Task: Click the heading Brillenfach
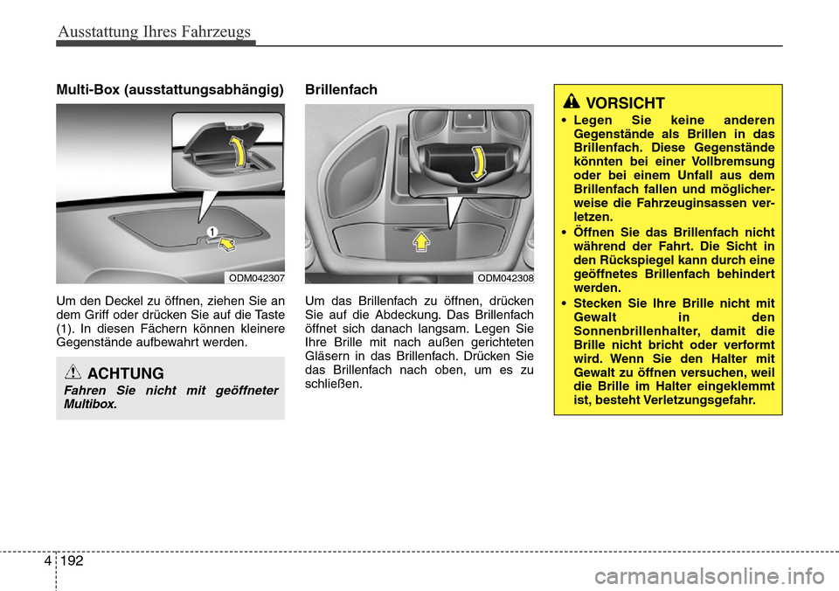[x=341, y=89]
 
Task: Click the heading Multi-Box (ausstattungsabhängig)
[x=170, y=89]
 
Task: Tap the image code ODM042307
[x=255, y=277]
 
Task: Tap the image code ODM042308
[x=504, y=277]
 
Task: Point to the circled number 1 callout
[x=211, y=229]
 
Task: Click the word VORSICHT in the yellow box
[x=625, y=103]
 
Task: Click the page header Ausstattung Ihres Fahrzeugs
[x=154, y=32]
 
